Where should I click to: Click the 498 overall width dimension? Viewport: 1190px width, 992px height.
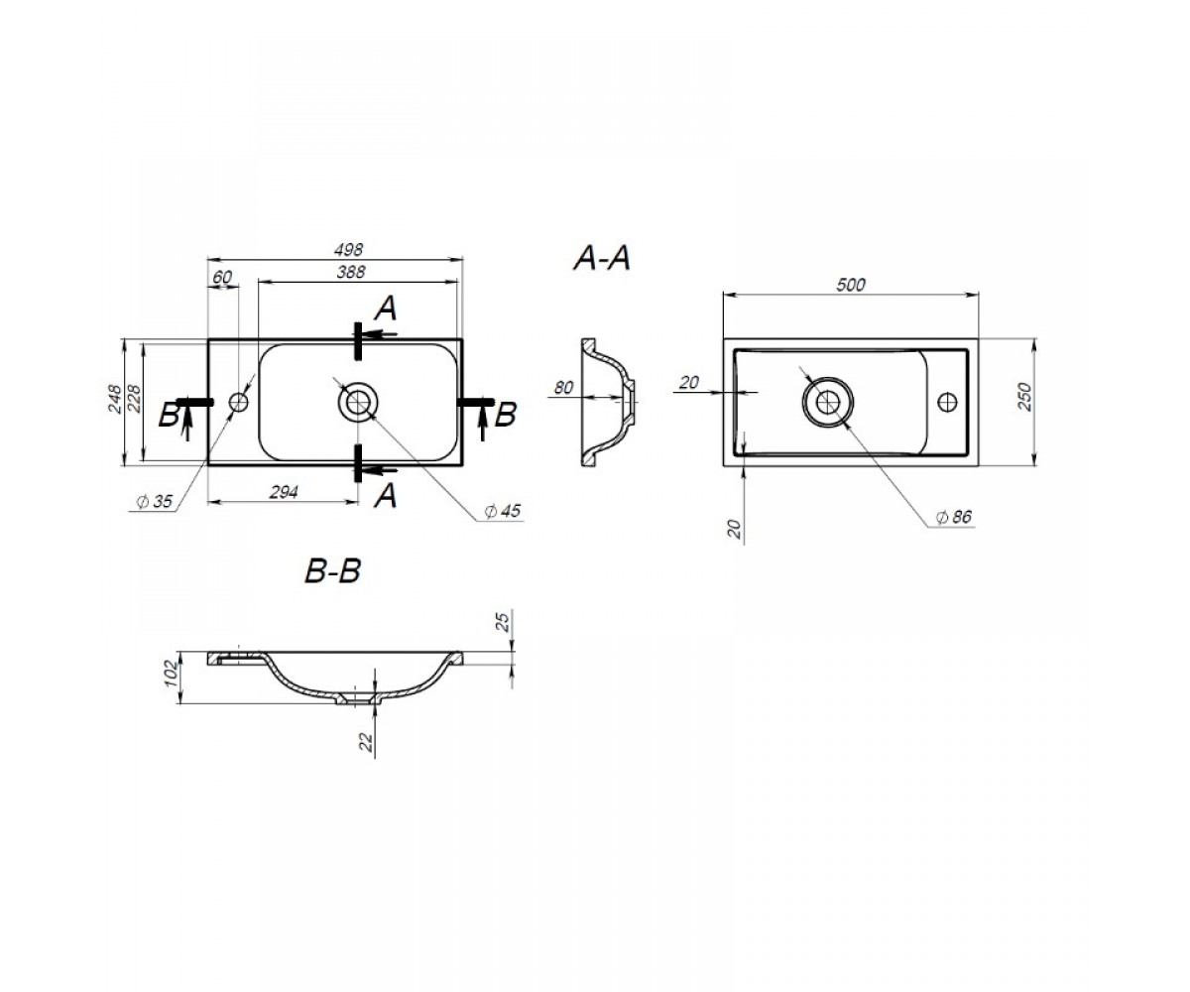[x=348, y=250]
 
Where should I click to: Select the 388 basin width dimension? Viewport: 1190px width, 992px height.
[x=350, y=272]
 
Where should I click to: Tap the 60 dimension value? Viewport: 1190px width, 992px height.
[x=222, y=277]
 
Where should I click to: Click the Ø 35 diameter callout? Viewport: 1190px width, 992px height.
[x=155, y=501]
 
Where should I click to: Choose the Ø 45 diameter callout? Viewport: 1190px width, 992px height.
[x=503, y=510]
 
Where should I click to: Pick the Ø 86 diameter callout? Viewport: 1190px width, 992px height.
[x=953, y=517]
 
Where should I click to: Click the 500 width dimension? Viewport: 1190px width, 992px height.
[x=851, y=285]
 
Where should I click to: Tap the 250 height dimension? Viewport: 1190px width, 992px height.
[x=1024, y=397]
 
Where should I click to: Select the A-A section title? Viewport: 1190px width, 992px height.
[x=602, y=258]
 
